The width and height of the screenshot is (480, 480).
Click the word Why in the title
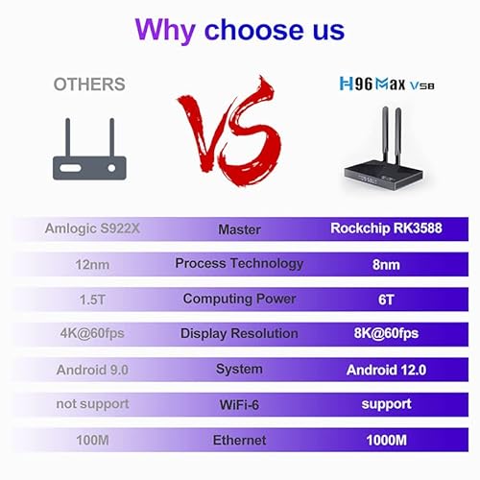165,31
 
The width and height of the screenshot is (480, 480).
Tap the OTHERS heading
89,84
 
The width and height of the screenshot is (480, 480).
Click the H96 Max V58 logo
387,84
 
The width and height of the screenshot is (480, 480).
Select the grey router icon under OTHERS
89,149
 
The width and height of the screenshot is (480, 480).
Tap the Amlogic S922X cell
92,228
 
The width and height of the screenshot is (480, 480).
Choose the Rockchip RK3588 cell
386,228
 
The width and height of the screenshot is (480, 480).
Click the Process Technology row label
239,264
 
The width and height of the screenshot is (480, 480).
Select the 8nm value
386,265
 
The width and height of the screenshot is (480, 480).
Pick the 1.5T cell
92,300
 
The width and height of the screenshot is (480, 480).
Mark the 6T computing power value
386,300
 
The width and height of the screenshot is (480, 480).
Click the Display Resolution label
239,333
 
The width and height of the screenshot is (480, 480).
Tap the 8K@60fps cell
386,333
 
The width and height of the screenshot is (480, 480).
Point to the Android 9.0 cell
92,370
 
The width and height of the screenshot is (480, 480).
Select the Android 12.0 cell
386,370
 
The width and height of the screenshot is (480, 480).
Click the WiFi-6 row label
239,405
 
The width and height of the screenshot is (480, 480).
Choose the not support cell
92,404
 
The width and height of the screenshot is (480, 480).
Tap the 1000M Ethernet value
386,440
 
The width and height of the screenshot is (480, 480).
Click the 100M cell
92,440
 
